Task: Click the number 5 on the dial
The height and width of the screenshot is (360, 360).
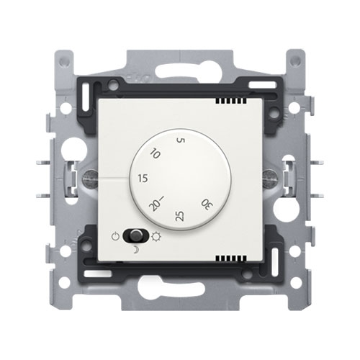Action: click(181, 140)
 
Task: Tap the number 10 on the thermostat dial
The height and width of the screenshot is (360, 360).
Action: click(155, 153)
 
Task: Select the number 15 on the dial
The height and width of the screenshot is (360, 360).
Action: click(143, 179)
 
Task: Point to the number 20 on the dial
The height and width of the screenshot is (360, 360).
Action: click(155, 206)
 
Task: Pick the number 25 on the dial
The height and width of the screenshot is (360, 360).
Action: click(180, 216)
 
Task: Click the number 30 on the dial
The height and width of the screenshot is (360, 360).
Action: click(207, 204)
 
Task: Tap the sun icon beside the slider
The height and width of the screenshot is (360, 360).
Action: click(156, 237)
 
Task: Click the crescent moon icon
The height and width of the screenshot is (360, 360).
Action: click(136, 251)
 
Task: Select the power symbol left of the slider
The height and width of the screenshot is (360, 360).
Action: click(116, 236)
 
